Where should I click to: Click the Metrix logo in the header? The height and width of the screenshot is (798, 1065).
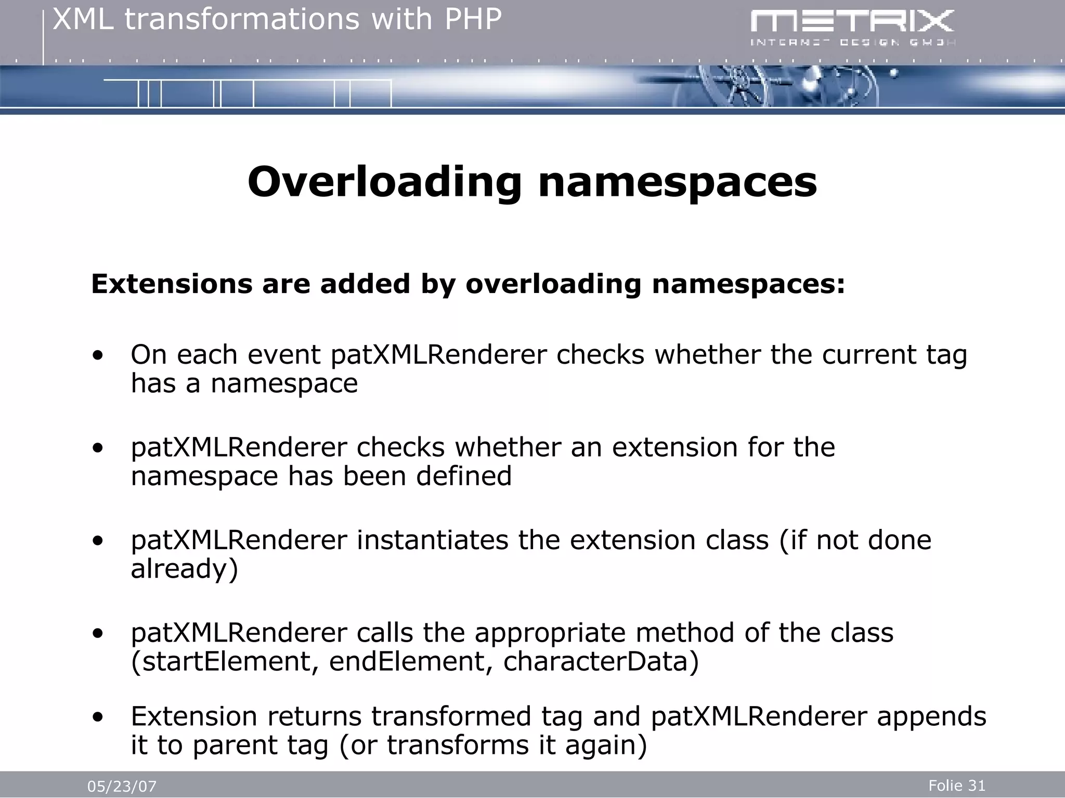(852, 28)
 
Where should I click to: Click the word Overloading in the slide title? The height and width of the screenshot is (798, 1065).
(384, 182)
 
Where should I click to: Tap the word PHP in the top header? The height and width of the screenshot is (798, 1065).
(473, 20)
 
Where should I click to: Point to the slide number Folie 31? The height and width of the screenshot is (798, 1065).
(957, 786)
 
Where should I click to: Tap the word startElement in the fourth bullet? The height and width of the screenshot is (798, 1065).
(224, 661)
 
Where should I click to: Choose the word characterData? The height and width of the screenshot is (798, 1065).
(601, 661)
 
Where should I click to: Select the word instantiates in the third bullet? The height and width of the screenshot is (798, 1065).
(432, 540)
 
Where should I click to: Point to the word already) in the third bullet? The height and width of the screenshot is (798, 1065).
(184, 569)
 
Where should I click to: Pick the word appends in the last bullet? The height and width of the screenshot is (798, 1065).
(931, 716)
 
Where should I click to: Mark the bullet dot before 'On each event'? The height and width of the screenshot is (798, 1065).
(97, 356)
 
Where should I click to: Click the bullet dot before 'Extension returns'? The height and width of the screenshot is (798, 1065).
(97, 717)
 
